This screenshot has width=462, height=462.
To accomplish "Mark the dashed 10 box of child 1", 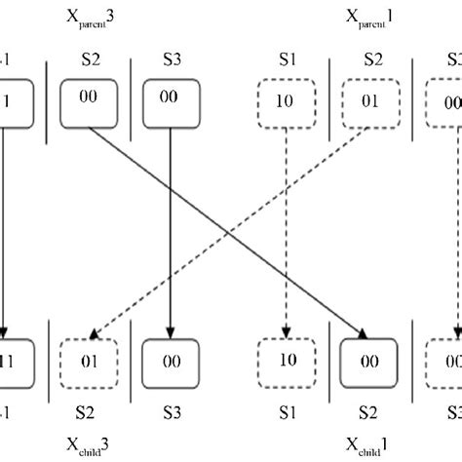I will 286,360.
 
